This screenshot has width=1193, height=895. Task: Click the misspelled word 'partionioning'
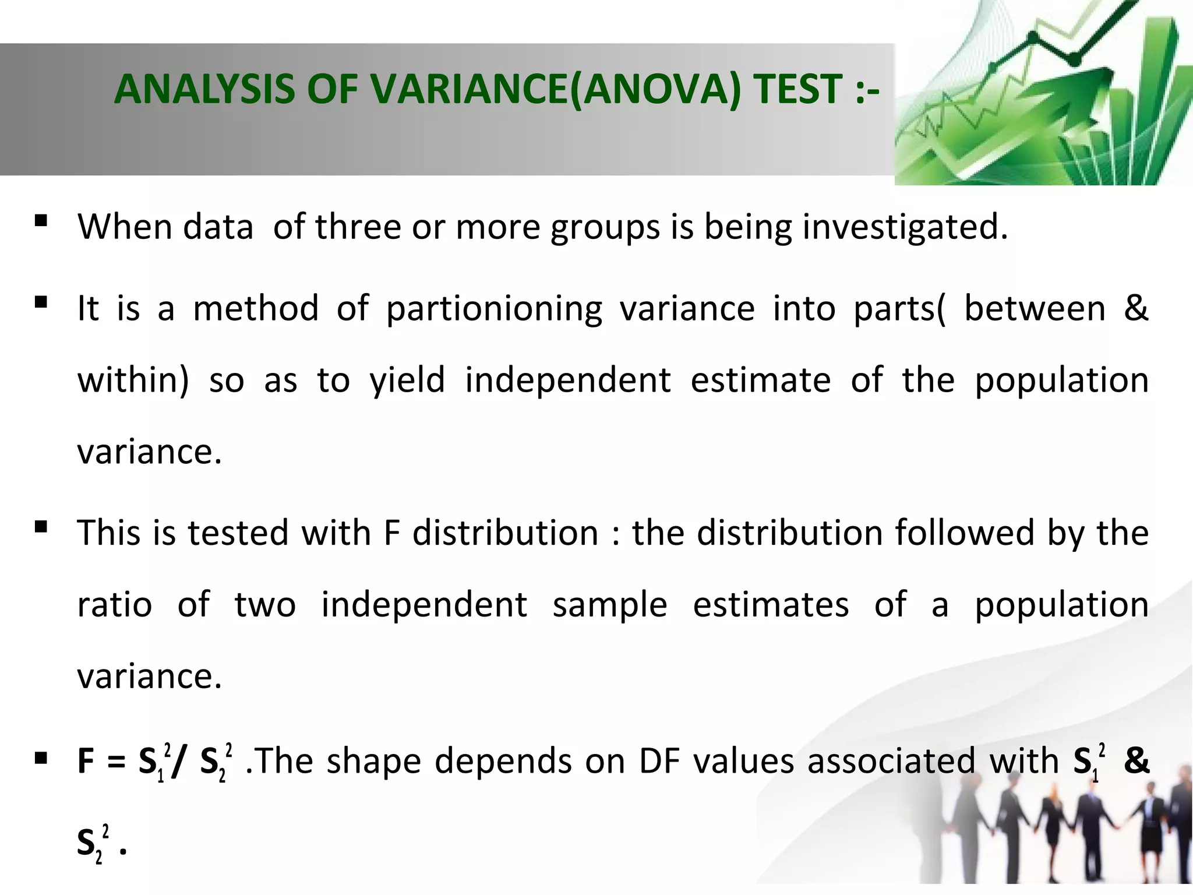(494, 309)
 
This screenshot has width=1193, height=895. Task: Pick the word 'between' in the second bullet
(1035, 309)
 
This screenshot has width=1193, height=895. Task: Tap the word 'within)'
(133, 380)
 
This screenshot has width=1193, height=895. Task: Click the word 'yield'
(407, 380)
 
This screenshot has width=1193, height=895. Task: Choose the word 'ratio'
(115, 605)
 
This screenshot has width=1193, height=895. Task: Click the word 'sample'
(610, 605)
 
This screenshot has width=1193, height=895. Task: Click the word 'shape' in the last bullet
(373, 761)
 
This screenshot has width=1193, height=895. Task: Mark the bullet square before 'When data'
(41, 220)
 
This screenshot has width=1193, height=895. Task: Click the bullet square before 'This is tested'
(41, 527)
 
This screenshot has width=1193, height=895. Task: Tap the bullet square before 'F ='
(41, 758)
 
